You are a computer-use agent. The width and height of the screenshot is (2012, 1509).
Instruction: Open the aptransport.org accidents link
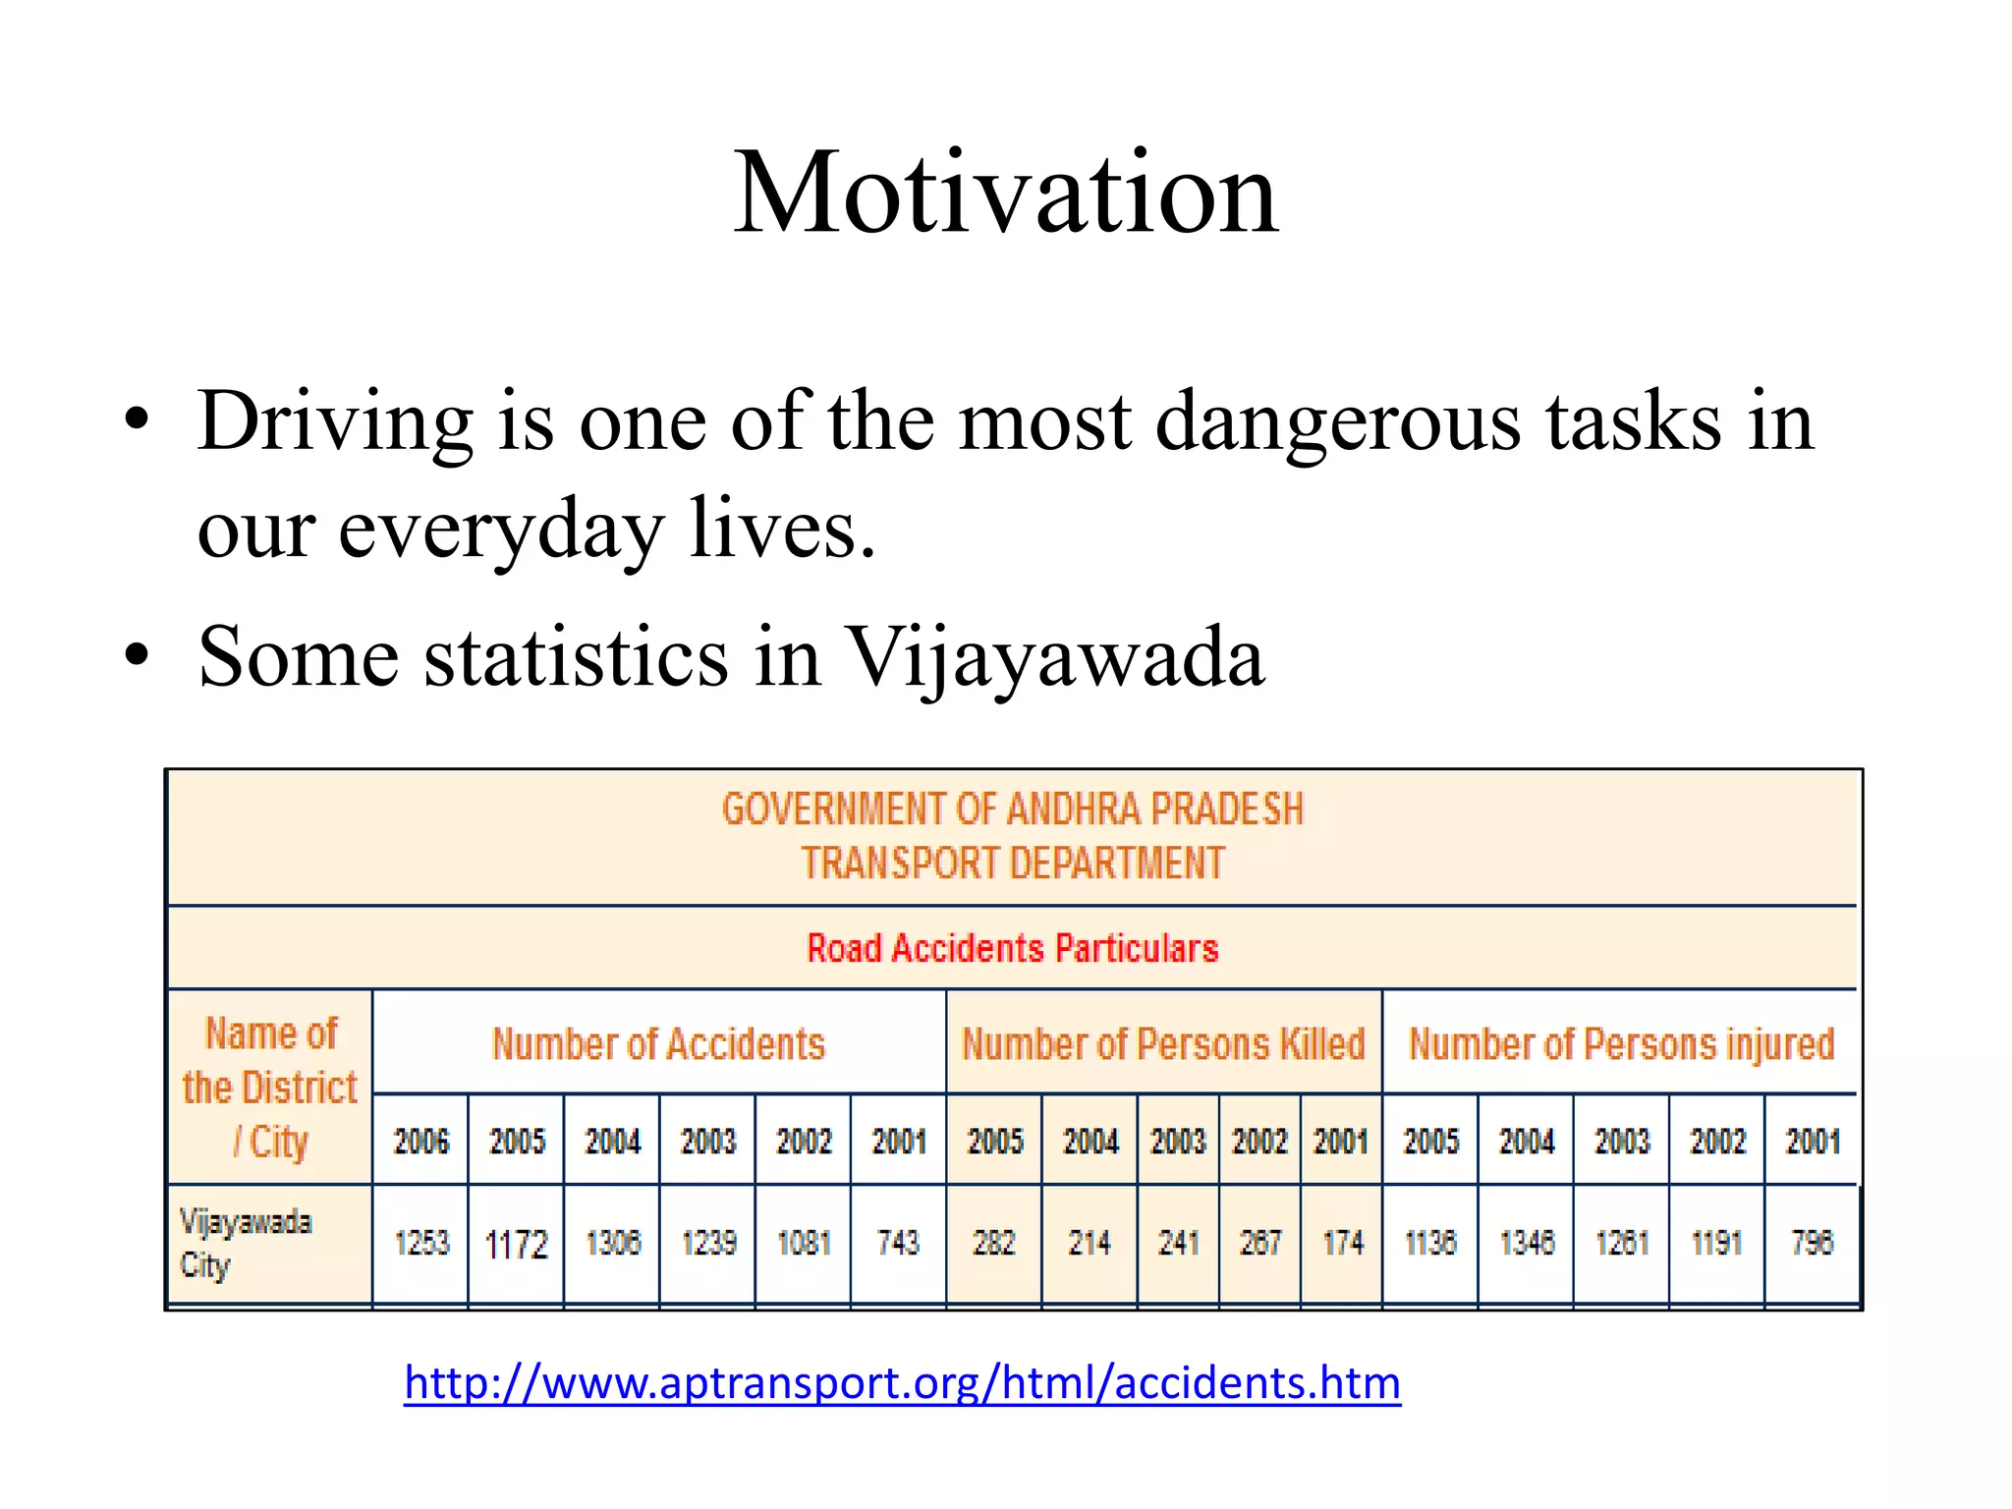coord(902,1383)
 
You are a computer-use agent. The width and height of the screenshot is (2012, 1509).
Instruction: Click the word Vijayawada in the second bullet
coord(1055,656)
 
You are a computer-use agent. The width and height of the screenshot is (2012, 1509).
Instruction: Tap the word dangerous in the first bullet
coord(1338,421)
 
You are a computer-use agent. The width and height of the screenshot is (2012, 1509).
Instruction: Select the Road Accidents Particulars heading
coord(1012,948)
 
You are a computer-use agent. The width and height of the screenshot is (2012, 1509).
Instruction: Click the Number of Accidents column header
coord(658,1043)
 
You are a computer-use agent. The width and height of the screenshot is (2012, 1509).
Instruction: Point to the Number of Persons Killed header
coord(1163,1043)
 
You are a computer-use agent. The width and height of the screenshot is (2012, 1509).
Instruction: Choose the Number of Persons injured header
coord(1621,1043)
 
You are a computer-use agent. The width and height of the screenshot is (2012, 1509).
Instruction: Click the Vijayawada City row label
coord(246,1243)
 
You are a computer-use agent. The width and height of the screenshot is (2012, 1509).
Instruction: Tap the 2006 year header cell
coord(421,1141)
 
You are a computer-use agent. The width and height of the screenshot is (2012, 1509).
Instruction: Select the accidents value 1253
coord(421,1243)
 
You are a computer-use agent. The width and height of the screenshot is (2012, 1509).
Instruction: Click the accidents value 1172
coord(517,1244)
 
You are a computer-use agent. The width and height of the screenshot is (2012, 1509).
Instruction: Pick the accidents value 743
coord(898,1243)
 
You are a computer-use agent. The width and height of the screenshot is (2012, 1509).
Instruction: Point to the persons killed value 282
coord(994,1243)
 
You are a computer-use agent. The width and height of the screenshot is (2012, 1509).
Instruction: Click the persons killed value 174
coord(1342,1243)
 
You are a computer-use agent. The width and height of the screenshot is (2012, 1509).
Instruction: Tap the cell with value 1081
coord(804,1243)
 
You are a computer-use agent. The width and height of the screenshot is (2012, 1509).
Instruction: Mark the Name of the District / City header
coord(270,1088)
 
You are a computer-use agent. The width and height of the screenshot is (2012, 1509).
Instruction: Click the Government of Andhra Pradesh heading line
coord(1012,810)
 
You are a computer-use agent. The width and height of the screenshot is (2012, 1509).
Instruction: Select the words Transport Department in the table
coord(1012,864)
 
